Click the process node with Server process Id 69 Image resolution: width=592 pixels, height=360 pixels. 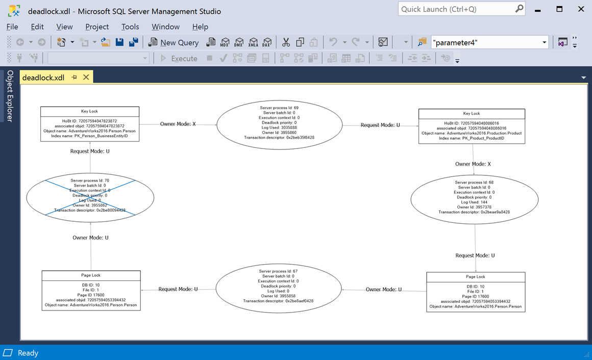tap(279, 124)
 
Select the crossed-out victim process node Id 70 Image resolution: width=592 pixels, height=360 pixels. tap(90, 197)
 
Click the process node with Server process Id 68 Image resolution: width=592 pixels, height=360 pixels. tap(475, 199)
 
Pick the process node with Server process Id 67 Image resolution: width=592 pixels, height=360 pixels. tap(279, 288)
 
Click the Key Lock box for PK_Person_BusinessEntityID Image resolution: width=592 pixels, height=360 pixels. tap(90, 124)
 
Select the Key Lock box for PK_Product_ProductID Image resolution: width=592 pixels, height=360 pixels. tap(472, 126)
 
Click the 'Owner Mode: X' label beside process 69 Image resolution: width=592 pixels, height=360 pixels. tap(178, 124)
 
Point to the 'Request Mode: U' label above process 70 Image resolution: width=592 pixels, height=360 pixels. tap(90, 151)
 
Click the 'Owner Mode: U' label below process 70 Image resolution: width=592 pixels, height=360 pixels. tap(91, 237)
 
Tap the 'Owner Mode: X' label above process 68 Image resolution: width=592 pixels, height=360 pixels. tap(473, 164)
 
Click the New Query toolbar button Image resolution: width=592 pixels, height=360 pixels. tap(174, 42)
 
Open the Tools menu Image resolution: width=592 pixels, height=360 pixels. tap(130, 27)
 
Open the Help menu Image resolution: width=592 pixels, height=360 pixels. tap(200, 27)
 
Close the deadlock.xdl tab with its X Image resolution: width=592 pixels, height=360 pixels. tap(86, 78)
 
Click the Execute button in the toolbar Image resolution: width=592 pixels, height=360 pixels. tap(179, 58)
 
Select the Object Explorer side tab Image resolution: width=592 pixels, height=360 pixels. tap(10, 96)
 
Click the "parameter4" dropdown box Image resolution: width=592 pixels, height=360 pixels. tap(490, 42)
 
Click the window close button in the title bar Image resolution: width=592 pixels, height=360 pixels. tap(581, 9)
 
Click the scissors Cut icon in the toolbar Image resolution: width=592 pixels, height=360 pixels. tap(286, 42)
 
